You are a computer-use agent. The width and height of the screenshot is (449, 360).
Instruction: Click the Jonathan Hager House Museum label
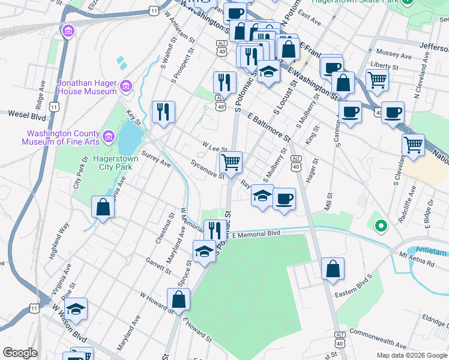(x=86, y=87)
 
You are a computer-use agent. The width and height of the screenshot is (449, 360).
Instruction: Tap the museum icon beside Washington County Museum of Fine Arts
(x=108, y=137)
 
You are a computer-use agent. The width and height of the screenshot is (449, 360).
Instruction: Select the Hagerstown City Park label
(x=116, y=163)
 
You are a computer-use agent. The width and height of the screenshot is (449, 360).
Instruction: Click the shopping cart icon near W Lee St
(x=231, y=161)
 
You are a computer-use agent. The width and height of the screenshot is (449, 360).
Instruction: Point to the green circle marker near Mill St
(x=380, y=226)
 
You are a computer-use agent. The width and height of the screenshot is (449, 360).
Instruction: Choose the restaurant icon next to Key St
(x=163, y=111)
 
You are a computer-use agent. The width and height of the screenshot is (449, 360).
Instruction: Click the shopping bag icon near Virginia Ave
(x=103, y=207)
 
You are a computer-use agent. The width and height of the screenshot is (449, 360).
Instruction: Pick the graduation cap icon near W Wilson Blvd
(x=76, y=308)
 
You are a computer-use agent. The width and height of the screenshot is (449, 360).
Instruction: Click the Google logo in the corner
(x=20, y=353)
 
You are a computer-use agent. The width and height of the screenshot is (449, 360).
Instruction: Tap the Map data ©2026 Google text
(x=411, y=355)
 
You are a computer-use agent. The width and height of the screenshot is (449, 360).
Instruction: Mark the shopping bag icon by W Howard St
(x=178, y=299)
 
